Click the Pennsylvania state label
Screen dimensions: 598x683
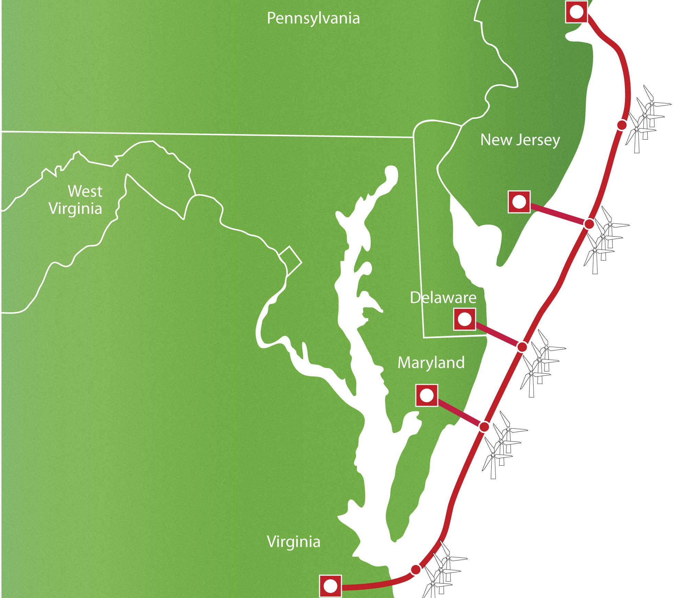[313, 18]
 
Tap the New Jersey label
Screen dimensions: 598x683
[520, 140]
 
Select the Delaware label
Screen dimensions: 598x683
[443, 297]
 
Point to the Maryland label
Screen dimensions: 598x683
[431, 363]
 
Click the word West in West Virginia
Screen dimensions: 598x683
[85, 191]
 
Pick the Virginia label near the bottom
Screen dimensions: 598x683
[293, 542]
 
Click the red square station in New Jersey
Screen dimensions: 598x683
[519, 202]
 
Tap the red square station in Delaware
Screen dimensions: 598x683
[464, 319]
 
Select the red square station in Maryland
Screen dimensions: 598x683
[426, 395]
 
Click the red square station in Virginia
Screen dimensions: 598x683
[330, 586]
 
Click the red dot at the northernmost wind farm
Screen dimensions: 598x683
[622, 125]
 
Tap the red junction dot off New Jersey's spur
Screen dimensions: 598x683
[589, 224]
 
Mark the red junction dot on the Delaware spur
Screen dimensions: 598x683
[522, 347]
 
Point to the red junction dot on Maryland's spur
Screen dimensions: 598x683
[484, 427]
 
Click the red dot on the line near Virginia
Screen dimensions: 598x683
[416, 569]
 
